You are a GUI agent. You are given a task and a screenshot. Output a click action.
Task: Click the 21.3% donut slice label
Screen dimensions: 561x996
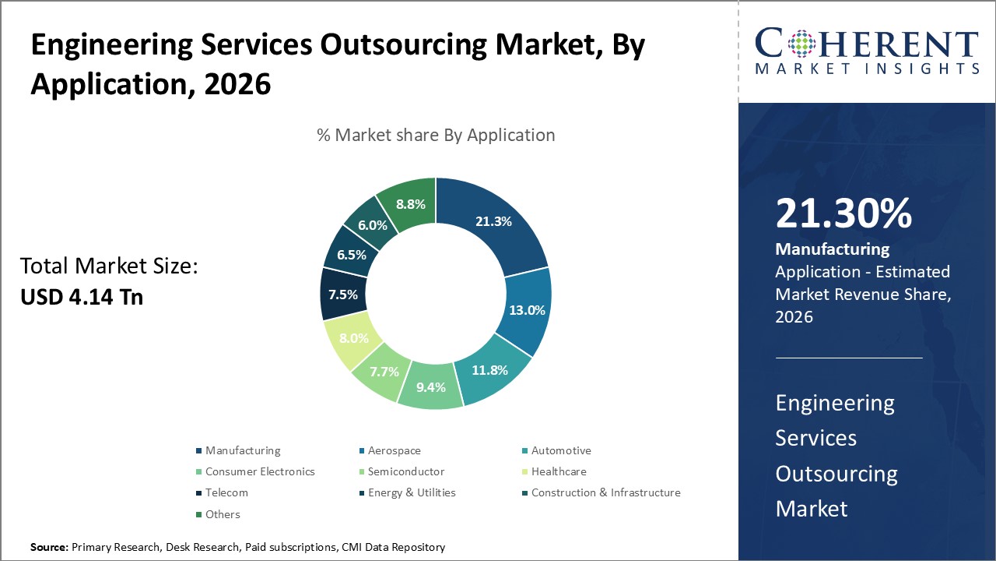[x=493, y=221]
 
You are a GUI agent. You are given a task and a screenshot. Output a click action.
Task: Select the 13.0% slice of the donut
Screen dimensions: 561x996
[x=527, y=309]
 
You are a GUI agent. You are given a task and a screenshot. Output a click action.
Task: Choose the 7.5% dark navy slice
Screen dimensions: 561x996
[x=342, y=295]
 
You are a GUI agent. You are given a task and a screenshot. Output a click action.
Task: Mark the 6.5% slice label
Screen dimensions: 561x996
[x=350, y=255]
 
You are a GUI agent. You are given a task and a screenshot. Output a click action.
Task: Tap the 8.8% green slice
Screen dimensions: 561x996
[x=410, y=205]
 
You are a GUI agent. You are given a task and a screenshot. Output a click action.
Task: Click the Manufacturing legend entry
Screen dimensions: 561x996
[x=242, y=450]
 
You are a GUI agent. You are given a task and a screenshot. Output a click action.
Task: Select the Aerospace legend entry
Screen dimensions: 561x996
[x=394, y=450]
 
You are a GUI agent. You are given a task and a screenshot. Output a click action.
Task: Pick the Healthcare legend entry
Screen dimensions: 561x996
[x=558, y=471]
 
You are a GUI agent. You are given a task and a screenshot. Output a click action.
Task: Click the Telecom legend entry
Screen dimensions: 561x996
[x=226, y=492]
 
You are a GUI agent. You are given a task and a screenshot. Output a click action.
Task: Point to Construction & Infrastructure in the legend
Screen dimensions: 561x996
[x=605, y=492]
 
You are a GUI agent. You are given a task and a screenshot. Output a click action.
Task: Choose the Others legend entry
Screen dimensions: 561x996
[x=223, y=514]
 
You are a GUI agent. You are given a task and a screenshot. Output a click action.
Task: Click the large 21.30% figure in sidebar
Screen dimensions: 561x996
[x=843, y=213]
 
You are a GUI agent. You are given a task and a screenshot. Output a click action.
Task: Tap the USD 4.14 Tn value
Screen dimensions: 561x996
[x=82, y=297]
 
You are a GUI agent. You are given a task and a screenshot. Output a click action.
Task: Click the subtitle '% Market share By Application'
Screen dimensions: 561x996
[x=436, y=135]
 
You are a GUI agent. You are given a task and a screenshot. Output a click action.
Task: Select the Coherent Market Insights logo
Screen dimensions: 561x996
[x=867, y=51]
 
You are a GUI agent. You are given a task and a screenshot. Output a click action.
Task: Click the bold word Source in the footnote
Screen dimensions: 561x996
[x=49, y=548]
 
